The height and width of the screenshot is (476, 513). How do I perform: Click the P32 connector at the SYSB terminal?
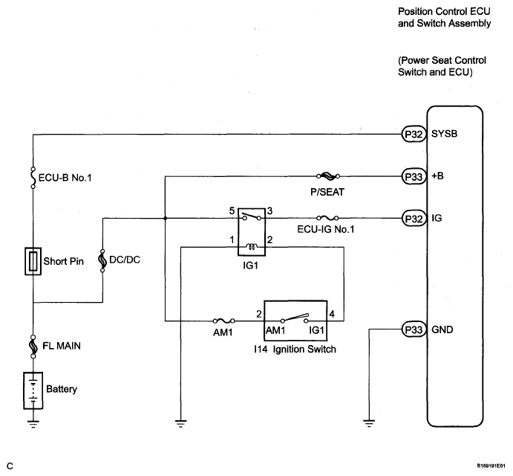pyautogui.click(x=414, y=134)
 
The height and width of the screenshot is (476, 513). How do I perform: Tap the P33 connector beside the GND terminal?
pyautogui.click(x=414, y=329)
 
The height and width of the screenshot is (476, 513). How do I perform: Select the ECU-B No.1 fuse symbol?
pyautogui.click(x=33, y=178)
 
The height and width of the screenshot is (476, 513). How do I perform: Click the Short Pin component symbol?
pyautogui.click(x=33, y=261)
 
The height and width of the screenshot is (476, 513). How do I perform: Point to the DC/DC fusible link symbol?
pyautogui.click(x=102, y=260)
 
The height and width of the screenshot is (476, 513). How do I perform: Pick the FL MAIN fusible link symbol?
pyautogui.click(x=33, y=346)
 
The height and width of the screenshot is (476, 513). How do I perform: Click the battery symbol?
pyautogui.click(x=33, y=390)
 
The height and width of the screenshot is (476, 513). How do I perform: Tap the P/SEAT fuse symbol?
pyautogui.click(x=328, y=176)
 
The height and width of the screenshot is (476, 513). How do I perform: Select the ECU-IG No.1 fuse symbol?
pyautogui.click(x=327, y=218)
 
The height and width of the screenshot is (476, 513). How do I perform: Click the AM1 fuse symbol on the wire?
pyautogui.click(x=223, y=321)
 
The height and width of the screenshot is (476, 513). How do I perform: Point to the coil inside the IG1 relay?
pyautogui.click(x=252, y=246)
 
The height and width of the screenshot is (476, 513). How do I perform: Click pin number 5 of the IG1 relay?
pyautogui.click(x=232, y=210)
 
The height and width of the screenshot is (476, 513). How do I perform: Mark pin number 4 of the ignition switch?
pyautogui.click(x=332, y=314)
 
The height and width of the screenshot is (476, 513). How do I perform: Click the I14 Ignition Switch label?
pyautogui.click(x=295, y=350)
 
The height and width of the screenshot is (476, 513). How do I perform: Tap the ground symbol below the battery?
pyautogui.click(x=33, y=424)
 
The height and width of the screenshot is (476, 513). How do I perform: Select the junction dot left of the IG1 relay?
pyautogui.click(x=165, y=218)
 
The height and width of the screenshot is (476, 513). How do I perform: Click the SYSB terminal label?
pyautogui.click(x=444, y=134)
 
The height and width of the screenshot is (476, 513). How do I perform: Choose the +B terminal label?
pyautogui.click(x=437, y=176)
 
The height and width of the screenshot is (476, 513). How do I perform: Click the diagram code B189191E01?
pyautogui.click(x=491, y=466)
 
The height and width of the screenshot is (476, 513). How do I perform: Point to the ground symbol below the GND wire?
pyautogui.click(x=369, y=423)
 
